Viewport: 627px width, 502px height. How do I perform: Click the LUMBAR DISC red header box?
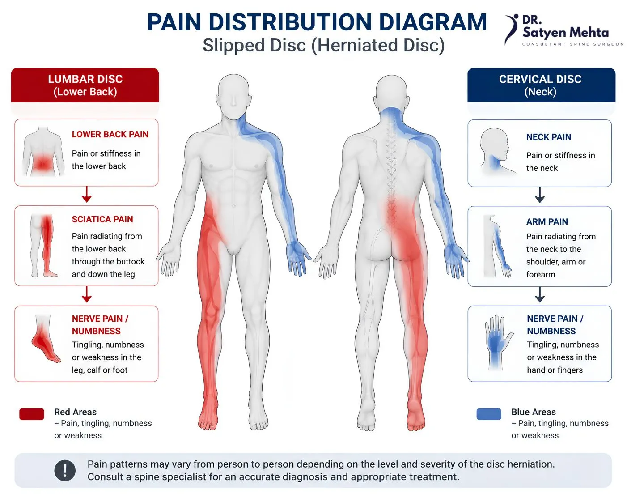coord(85,85)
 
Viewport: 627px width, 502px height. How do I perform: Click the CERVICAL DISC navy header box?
coord(541,85)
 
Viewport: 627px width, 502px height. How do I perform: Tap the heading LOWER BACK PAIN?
coord(110,134)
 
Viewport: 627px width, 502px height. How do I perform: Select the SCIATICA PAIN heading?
coord(102,219)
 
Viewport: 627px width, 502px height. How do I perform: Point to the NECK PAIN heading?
coord(549,137)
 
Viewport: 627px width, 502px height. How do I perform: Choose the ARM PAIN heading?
coord(547,222)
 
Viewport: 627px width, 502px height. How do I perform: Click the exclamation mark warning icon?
coord(65,470)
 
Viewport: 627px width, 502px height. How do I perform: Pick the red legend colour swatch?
coord(32,414)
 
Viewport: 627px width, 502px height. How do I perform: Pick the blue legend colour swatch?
coord(489,414)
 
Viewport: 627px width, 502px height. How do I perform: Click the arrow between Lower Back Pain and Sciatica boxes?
coord(86,195)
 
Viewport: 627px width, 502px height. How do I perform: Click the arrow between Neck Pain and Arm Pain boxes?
coord(540,195)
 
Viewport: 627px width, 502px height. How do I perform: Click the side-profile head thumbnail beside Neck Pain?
coord(495,151)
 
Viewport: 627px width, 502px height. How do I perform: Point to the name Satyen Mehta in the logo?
coord(566,32)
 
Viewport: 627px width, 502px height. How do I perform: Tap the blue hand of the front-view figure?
coord(298,258)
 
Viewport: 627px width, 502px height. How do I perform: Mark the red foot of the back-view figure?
coord(416,414)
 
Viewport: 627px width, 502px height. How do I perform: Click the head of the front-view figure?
coord(233,95)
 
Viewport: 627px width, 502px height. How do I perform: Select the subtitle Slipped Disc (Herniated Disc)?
coord(323,46)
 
